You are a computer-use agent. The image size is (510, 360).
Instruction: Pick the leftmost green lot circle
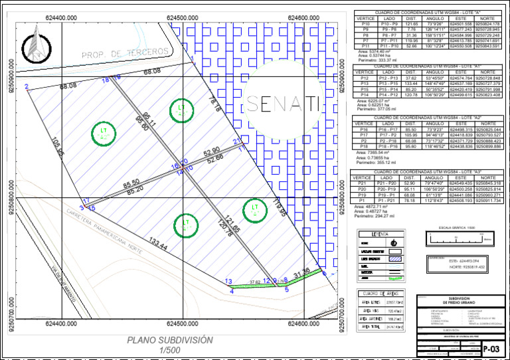point(104,134)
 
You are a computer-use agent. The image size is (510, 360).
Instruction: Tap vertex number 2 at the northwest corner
point(26,87)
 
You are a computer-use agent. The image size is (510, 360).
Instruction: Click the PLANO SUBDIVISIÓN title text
point(171,340)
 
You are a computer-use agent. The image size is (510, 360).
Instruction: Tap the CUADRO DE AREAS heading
point(382,293)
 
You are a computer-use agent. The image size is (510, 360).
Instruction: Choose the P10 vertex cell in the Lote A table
point(365,25)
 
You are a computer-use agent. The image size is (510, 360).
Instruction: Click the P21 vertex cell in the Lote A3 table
point(362,183)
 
